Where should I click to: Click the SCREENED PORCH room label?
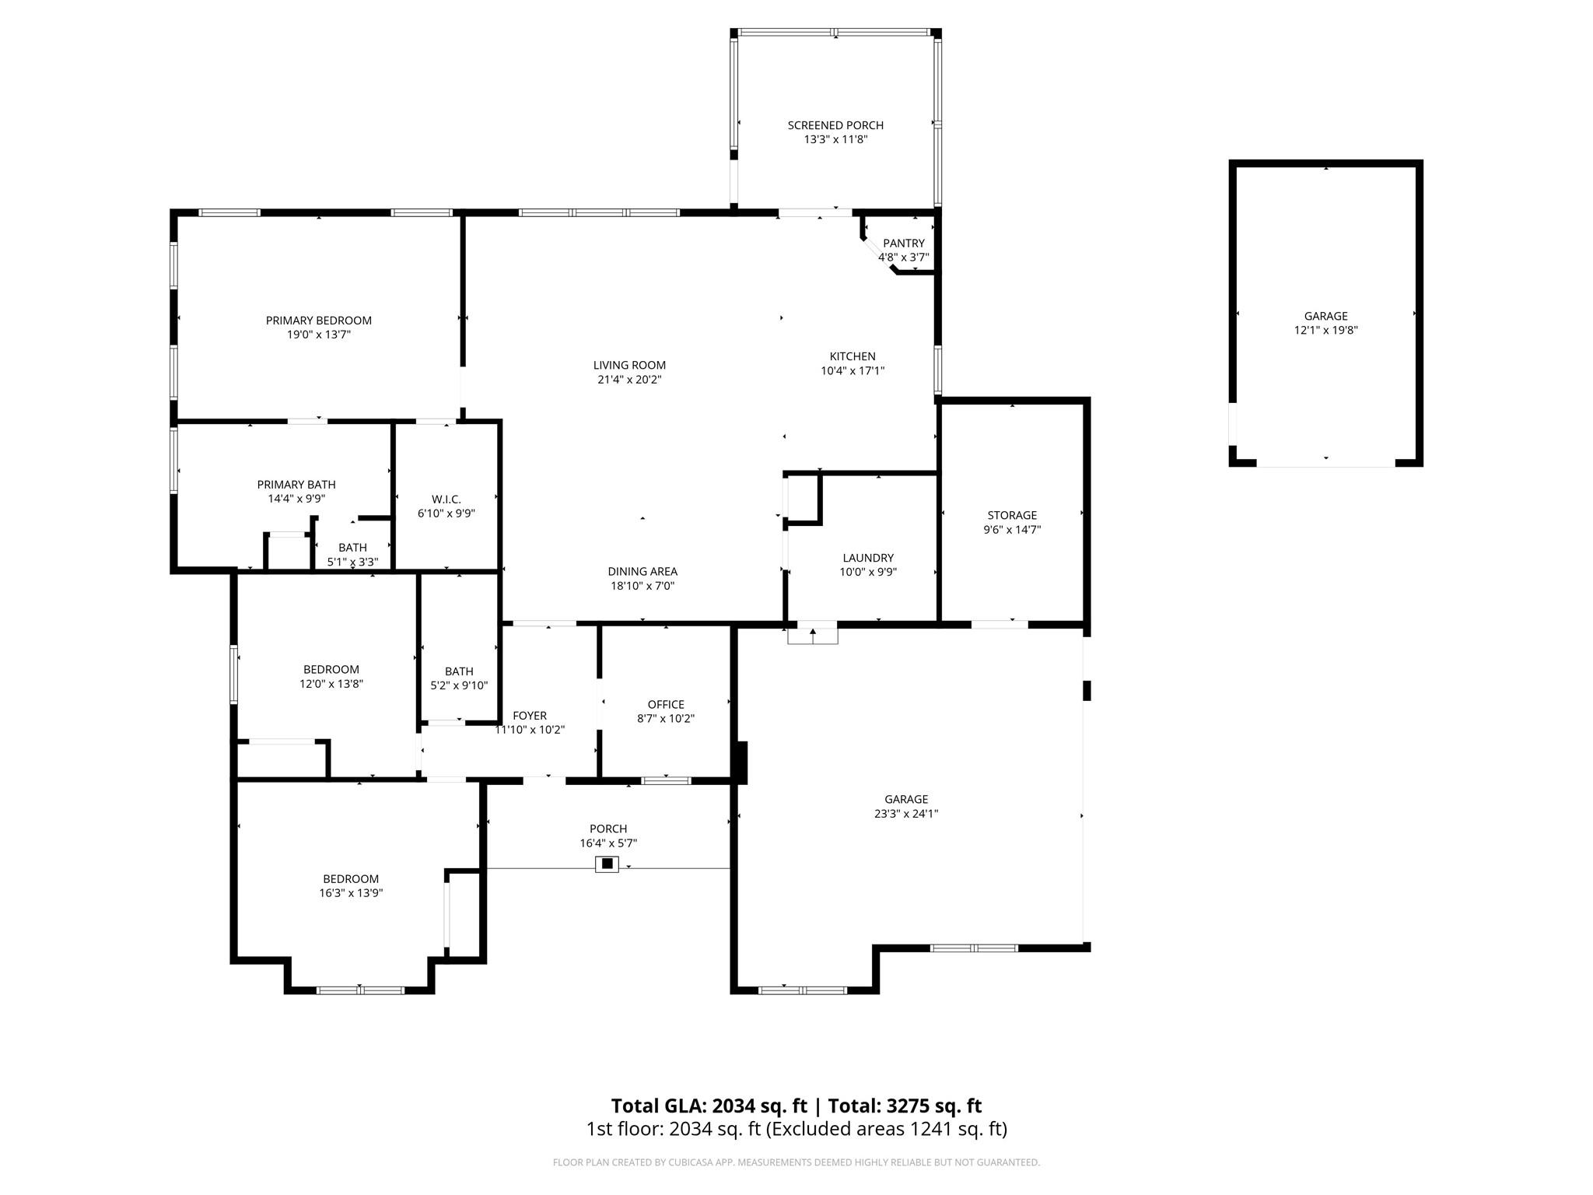pyautogui.click(x=835, y=125)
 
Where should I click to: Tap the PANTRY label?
pyautogui.click(x=904, y=244)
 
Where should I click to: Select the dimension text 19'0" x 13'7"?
pyautogui.click(x=319, y=335)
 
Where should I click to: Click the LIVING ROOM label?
pyautogui.click(x=629, y=365)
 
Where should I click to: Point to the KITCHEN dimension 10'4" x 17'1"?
pyautogui.click(x=853, y=371)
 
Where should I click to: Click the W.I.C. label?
pyautogui.click(x=446, y=499)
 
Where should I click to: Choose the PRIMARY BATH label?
pyautogui.click(x=296, y=485)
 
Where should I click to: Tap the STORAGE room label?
pyautogui.click(x=1012, y=515)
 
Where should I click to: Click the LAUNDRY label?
pyautogui.click(x=868, y=558)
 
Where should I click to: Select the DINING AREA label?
pyautogui.click(x=642, y=571)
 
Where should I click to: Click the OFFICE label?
pyautogui.click(x=666, y=704)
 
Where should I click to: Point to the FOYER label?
pyautogui.click(x=530, y=716)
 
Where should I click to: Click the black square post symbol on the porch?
pyautogui.click(x=607, y=864)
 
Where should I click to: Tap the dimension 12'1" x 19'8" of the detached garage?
pyautogui.click(x=1326, y=330)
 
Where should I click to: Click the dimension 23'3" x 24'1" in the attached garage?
pyautogui.click(x=906, y=814)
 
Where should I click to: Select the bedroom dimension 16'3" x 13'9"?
pyautogui.click(x=351, y=893)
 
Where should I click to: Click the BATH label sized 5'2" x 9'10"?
pyautogui.click(x=459, y=671)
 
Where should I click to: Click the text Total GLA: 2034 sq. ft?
pyautogui.click(x=709, y=1106)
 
